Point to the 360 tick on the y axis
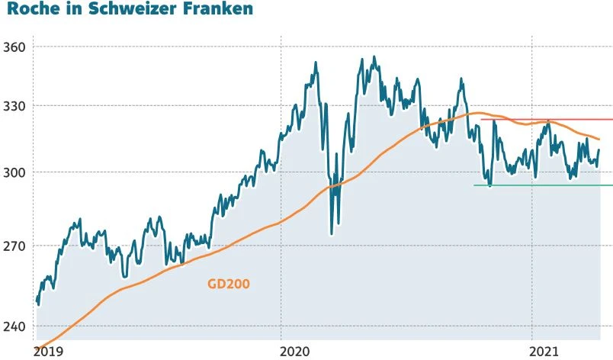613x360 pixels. point(15,47)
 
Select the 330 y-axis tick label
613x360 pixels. point(15,105)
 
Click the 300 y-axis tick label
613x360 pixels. point(15,172)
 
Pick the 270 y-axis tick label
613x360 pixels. point(15,246)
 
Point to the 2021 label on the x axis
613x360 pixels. point(544,352)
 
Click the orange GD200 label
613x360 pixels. point(229,284)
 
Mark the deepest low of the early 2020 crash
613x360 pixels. point(332,234)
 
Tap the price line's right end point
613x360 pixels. point(600,150)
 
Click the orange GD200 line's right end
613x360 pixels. point(599,140)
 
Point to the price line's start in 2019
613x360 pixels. point(37,300)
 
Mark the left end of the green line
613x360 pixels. point(474,185)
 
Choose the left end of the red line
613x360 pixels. point(481,119)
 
